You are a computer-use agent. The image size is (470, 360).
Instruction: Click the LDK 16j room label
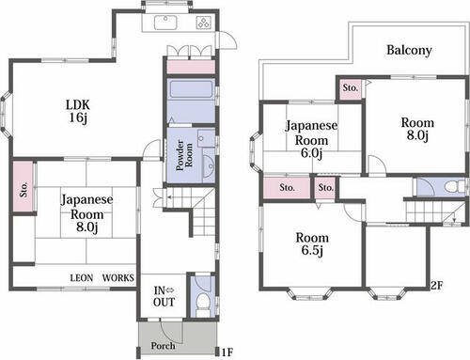click(x=78, y=111)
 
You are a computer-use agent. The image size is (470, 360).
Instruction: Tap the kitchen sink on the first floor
click(x=165, y=23)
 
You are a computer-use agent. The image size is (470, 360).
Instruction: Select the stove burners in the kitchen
click(x=203, y=23)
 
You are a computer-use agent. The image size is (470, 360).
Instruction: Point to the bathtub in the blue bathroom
click(x=191, y=89)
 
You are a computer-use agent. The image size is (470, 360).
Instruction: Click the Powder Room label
click(x=184, y=155)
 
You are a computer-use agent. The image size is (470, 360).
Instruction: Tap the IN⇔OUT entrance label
click(x=164, y=296)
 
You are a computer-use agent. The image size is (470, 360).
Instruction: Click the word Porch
click(x=163, y=346)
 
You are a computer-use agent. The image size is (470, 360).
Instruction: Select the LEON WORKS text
click(x=102, y=278)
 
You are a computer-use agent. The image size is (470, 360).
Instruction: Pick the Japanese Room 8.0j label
click(x=86, y=213)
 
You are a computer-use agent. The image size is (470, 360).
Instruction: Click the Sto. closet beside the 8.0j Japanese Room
click(x=23, y=187)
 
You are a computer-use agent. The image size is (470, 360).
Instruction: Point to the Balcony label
click(x=409, y=50)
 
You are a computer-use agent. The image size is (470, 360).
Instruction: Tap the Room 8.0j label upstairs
click(x=417, y=129)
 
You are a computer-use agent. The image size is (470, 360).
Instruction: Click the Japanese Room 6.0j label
click(x=311, y=139)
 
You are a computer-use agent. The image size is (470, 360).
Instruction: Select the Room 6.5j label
click(x=312, y=244)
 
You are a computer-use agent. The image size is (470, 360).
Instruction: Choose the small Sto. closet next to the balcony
click(x=350, y=88)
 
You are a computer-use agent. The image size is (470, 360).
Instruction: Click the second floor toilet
click(x=453, y=187)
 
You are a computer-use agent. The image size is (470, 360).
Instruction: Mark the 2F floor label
click(x=436, y=286)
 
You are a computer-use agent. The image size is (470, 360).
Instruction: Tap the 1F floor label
click(x=227, y=352)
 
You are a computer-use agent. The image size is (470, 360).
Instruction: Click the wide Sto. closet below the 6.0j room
click(x=287, y=188)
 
